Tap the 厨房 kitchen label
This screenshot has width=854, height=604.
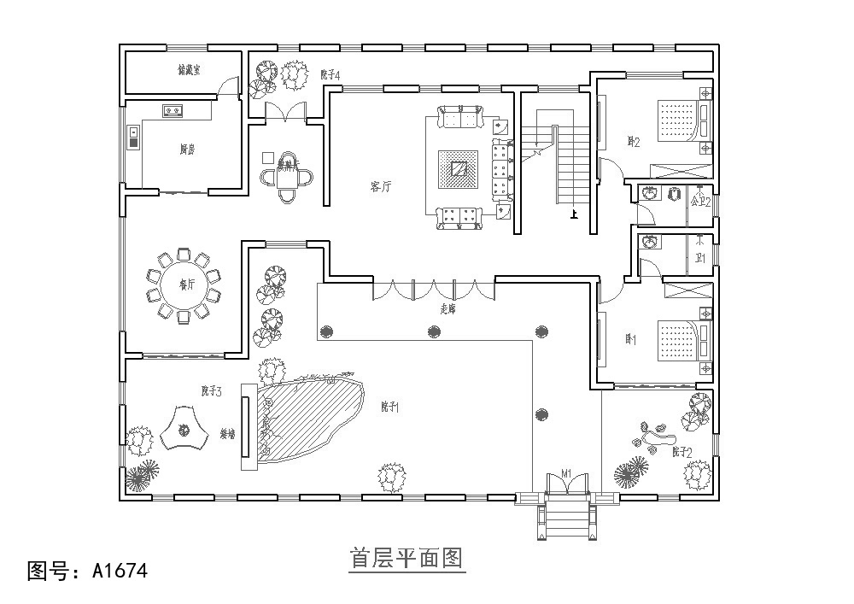point(187,150)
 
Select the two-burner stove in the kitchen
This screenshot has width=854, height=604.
point(173,110)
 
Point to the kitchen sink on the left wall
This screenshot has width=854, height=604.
point(133,137)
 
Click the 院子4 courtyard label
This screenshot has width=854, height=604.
point(330,76)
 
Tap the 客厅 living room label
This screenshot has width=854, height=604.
point(381,187)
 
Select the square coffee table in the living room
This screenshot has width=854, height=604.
point(459,168)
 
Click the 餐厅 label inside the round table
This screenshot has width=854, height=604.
point(187,284)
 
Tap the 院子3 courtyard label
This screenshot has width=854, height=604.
point(212,391)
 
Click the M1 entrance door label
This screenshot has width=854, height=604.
point(565,474)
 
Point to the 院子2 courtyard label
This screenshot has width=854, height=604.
point(681,451)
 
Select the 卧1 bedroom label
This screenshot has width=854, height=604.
point(631,340)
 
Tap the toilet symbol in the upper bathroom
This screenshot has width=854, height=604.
point(650,193)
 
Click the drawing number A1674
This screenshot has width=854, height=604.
point(81,568)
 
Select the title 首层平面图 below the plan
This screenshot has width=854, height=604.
point(407,559)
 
